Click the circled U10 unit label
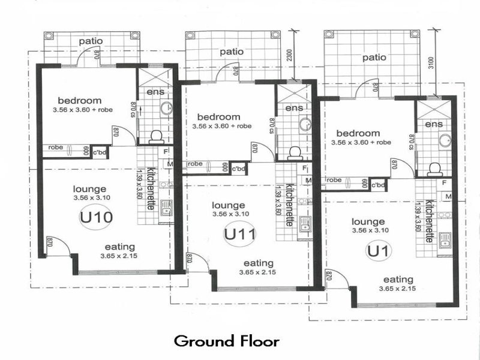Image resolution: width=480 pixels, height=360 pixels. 96,216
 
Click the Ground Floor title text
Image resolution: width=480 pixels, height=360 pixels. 227,341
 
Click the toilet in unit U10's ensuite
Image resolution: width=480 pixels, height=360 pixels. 156,136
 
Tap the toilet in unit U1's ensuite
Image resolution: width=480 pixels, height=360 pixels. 434,169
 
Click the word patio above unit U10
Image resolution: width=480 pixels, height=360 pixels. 91,41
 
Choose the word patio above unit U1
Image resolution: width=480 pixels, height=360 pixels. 374,58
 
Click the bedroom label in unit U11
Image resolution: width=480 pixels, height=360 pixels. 218,116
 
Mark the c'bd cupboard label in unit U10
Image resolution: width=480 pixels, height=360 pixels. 100,152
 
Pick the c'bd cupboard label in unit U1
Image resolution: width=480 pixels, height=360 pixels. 378,185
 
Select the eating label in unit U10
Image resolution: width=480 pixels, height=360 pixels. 119,247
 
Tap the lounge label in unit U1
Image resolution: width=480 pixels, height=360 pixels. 368,221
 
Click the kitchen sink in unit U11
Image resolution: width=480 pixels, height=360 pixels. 304,224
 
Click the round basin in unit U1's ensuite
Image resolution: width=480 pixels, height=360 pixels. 445,141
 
